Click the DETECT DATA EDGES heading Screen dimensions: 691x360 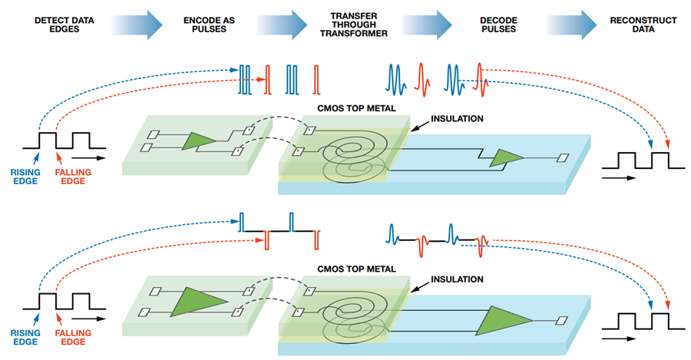64,25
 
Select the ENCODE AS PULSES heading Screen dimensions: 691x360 209,25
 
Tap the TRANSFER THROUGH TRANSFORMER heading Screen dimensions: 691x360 354,25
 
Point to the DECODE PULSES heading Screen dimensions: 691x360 498,25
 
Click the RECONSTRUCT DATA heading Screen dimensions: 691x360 643,25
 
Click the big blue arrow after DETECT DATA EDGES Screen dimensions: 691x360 137,25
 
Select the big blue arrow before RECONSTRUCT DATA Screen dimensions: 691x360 572,25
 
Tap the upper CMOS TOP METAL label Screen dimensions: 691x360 356,108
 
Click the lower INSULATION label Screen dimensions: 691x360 457,279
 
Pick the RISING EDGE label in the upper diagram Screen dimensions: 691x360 25,177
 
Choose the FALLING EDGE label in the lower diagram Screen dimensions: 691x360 73,338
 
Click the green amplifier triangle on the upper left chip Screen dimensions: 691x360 199,141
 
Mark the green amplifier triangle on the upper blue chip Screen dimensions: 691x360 507,158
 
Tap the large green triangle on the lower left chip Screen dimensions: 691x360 197,302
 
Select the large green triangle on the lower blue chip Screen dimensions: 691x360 503,321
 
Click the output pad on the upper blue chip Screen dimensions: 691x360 563,158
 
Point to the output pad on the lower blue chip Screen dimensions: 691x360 561,320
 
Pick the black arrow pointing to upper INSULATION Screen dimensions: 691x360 419,126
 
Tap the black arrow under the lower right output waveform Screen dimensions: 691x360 618,339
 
